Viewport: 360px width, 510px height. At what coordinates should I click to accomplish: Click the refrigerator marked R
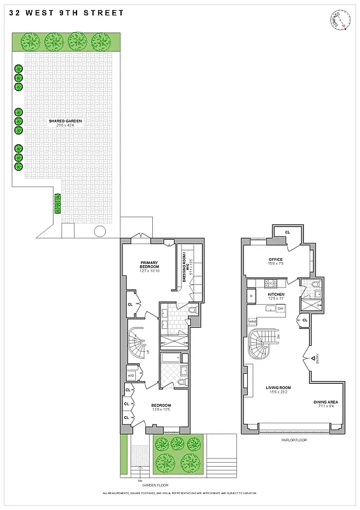pos(252,296)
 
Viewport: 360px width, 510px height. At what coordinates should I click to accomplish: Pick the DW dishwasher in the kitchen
pos(280,309)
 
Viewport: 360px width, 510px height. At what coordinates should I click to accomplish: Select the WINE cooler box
pos(252,322)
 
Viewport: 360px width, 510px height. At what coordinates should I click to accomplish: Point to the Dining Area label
pos(326,402)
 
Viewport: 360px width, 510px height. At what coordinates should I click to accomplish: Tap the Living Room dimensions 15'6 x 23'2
pos(278,392)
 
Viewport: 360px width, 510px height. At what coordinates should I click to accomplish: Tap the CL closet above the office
pos(287,232)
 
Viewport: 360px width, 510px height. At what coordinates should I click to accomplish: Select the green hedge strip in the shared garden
pos(57,204)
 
